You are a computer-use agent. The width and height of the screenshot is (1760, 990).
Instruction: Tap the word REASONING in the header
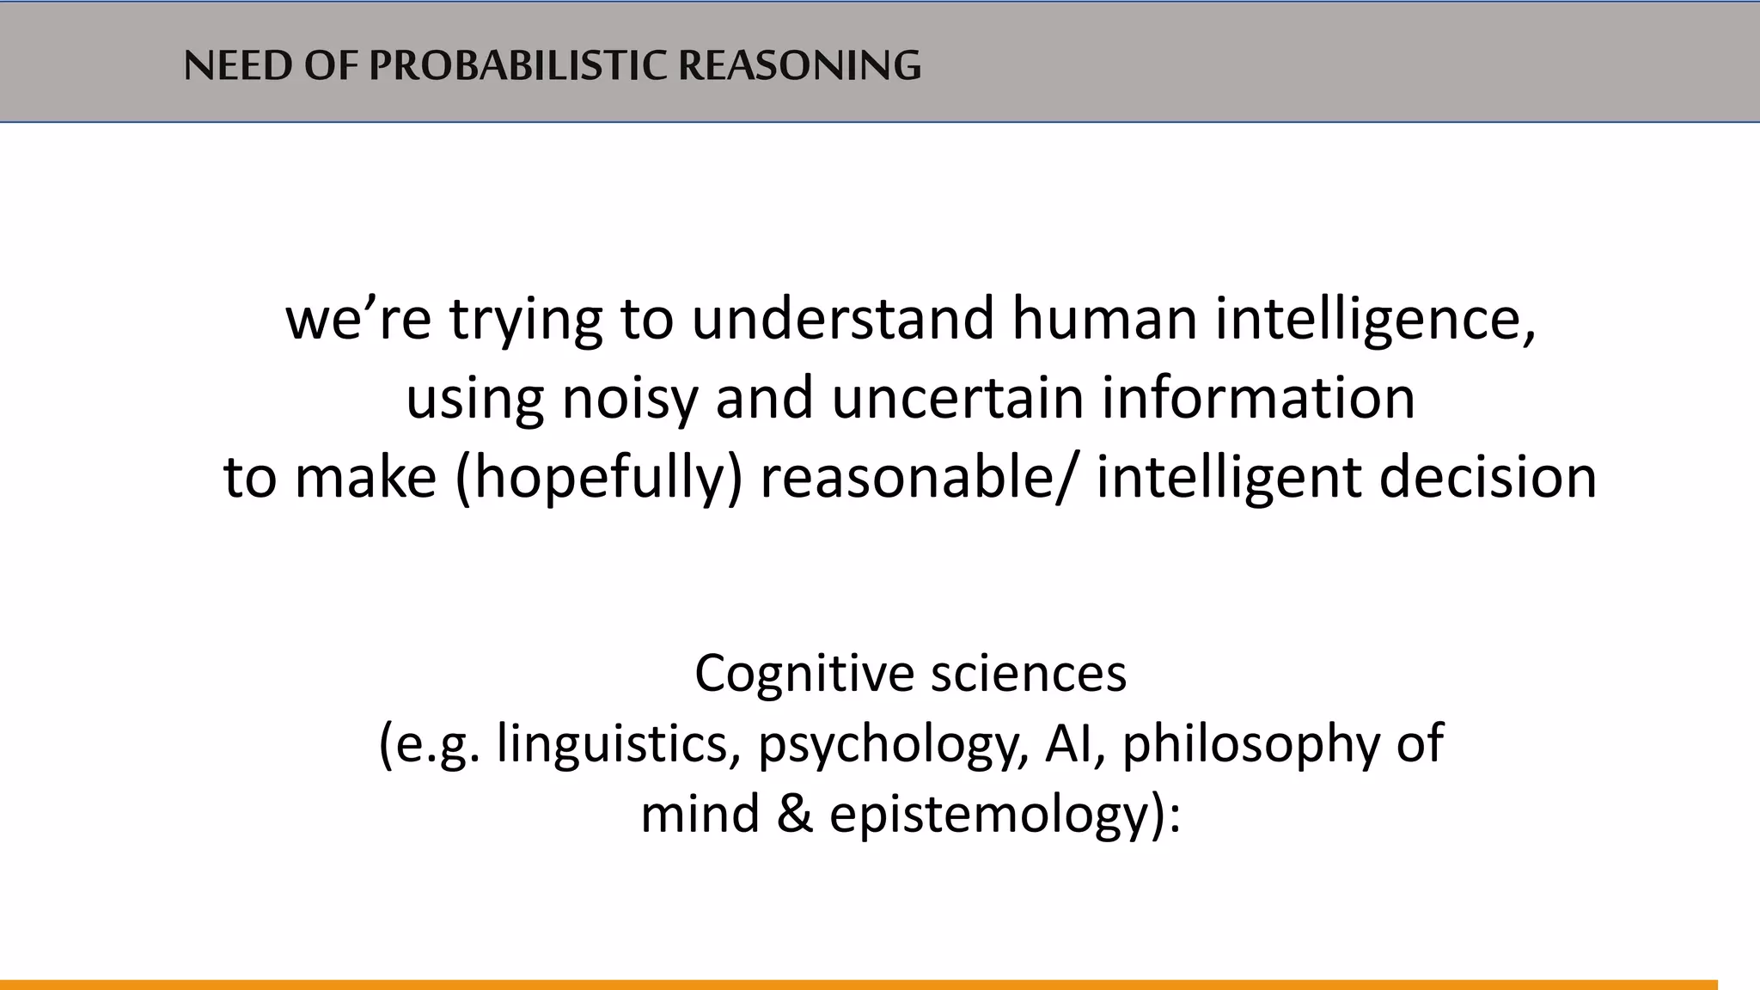pos(799,65)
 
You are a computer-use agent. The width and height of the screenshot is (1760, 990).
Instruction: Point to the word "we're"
pos(357,318)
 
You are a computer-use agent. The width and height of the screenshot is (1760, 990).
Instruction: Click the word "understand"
pos(842,318)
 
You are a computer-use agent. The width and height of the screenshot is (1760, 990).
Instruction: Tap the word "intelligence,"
pos(1375,320)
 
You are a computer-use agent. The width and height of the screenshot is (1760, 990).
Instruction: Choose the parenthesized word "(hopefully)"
pos(598,478)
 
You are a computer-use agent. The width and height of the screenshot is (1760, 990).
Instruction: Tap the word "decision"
pos(1488,478)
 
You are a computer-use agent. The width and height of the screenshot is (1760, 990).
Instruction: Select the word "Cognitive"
pos(804,673)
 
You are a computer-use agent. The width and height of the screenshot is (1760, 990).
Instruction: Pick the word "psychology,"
pos(893,745)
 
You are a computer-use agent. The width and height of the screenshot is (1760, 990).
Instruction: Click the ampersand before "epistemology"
pos(795,814)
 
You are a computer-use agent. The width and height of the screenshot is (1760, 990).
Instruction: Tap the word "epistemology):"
pos(1005,816)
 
